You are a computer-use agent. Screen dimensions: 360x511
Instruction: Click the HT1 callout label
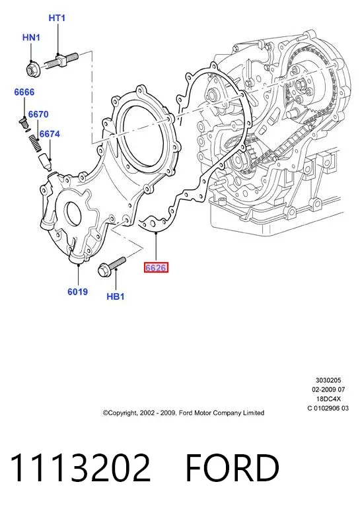[x=57, y=18]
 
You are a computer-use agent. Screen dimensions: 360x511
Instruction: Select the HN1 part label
[x=31, y=38]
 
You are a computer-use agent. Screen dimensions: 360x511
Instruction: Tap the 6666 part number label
[x=24, y=92]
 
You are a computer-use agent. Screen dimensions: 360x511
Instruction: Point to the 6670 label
[x=38, y=114]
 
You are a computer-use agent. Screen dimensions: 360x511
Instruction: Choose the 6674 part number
[x=50, y=134]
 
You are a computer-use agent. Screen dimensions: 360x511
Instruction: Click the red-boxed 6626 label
[x=156, y=267]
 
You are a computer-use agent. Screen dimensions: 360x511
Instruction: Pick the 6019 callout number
[x=77, y=291]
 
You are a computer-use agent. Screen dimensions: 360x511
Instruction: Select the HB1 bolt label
[x=116, y=296]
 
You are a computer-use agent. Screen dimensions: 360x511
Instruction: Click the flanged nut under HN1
[x=33, y=69]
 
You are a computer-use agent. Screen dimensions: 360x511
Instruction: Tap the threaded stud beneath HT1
[x=61, y=61]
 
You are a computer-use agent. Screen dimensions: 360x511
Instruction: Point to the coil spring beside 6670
[x=35, y=143]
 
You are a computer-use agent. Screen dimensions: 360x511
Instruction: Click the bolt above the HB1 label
[x=112, y=267]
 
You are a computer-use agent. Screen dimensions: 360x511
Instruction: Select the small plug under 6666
[x=24, y=123]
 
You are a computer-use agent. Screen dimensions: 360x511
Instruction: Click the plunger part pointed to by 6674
[x=45, y=162]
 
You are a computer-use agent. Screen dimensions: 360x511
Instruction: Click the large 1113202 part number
[x=81, y=467]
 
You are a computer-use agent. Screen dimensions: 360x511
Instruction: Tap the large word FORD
[x=232, y=467]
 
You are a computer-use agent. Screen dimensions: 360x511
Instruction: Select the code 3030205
[x=328, y=380]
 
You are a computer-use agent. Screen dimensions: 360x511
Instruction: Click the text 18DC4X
[x=328, y=399]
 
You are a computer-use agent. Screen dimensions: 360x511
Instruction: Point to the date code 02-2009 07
[x=328, y=390]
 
